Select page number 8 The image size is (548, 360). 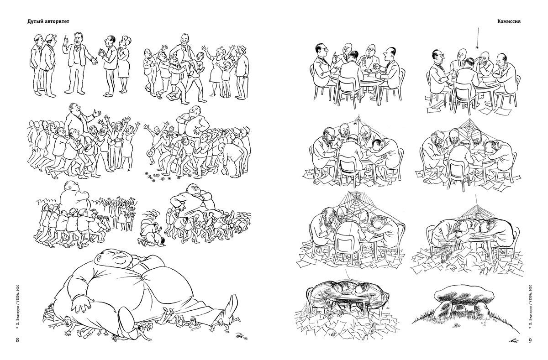[17, 340]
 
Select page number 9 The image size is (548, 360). [530, 340]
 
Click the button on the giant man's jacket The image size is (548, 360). [143, 277]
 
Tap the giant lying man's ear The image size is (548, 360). [100, 257]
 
